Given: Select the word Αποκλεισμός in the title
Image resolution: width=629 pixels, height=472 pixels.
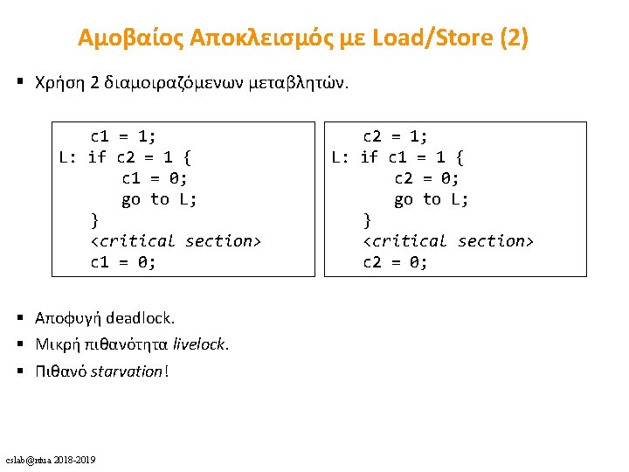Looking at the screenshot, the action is click(x=244, y=38).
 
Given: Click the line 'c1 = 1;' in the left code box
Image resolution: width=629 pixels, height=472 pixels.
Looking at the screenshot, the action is click(x=123, y=136).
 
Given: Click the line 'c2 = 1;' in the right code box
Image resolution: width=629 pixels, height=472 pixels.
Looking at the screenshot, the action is click(x=396, y=136).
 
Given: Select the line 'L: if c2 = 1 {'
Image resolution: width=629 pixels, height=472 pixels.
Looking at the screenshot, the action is click(x=126, y=157).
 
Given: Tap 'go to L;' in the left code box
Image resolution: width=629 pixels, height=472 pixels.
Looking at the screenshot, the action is click(x=159, y=199).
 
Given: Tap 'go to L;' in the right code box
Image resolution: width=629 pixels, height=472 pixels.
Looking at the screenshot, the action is click(x=432, y=199).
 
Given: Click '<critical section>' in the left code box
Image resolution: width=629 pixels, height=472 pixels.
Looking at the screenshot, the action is click(x=176, y=241).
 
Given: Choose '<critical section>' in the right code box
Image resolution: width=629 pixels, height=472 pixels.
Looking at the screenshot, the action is click(x=448, y=241).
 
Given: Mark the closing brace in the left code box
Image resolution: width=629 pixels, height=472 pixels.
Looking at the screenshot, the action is click(x=95, y=220).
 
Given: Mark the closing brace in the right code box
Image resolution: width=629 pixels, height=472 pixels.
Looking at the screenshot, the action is click(x=368, y=220).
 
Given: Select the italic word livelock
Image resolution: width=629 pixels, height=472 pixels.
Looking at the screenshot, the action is click(x=200, y=344).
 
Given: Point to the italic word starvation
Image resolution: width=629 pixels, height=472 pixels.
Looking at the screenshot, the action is click(x=127, y=371).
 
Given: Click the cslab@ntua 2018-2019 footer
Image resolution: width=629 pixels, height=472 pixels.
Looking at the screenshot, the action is click(x=51, y=460).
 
